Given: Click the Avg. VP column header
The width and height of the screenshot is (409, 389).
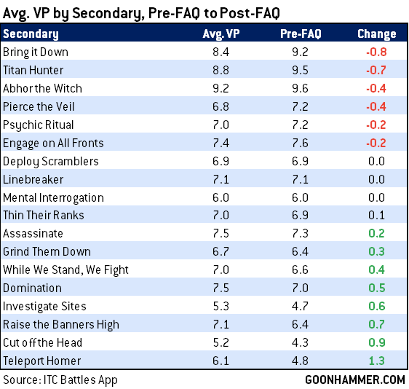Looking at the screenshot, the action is coord(221,34).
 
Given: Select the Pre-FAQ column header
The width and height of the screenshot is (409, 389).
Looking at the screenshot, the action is coord(301,34).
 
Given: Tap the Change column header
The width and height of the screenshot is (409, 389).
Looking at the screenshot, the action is coord(377,34).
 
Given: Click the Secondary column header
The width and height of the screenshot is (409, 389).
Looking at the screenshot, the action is coord(31,34).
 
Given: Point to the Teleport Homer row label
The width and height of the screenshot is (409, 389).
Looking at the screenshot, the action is coord(42,361).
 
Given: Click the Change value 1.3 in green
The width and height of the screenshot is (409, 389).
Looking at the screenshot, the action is coord(377,361).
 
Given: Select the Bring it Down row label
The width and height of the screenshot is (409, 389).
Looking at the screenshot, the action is coord(36,52).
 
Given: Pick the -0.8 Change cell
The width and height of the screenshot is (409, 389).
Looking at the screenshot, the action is coord(376,52).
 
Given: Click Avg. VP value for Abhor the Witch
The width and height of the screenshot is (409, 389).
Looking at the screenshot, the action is coord(221,88).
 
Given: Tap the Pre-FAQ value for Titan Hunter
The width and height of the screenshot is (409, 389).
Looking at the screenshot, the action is coord(300,70).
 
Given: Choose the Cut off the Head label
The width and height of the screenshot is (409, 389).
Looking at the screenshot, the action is coord(42,342).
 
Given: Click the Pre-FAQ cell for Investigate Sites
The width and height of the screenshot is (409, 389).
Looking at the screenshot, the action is coord(300,306).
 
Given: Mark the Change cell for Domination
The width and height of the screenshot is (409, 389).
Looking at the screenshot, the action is coord(377,288).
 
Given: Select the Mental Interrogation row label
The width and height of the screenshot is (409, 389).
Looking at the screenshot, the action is coord(53,197).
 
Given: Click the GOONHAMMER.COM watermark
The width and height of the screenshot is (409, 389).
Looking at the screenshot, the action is coord(354,380).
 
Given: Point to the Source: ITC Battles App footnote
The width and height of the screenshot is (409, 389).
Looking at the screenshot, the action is coord(60,380).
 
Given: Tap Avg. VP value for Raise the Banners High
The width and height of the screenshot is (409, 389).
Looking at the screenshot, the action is coord(221,324).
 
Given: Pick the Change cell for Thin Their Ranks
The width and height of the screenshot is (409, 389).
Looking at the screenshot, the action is coord(377,215).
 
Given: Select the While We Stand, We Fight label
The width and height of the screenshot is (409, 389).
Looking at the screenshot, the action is coord(65,270).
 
